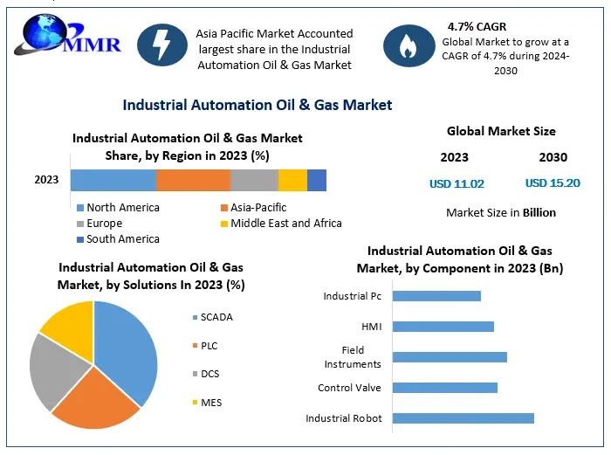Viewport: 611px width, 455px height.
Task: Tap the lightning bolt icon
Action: coord(161,44)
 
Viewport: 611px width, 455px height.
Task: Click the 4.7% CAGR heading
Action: coord(477,26)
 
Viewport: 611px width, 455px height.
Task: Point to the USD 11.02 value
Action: coord(457,183)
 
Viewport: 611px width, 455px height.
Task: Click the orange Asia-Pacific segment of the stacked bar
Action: coord(193,180)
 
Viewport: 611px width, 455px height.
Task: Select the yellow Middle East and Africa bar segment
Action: coord(292,180)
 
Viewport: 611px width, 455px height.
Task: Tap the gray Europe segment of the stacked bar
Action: coord(254,180)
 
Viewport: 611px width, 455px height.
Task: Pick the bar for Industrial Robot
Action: coord(463,418)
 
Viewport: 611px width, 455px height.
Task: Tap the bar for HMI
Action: coord(443,327)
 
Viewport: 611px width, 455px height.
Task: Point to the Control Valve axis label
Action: coord(349,388)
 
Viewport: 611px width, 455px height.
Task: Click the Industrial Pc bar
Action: coord(436,296)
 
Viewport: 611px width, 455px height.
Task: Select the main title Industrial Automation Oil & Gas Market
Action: coord(257,105)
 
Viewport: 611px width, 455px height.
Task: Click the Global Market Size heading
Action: coord(501,131)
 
